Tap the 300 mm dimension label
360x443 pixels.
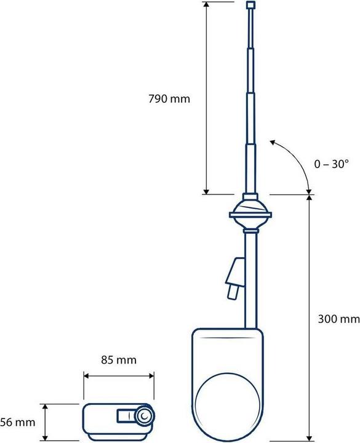338,319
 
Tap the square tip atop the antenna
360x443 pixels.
250,6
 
